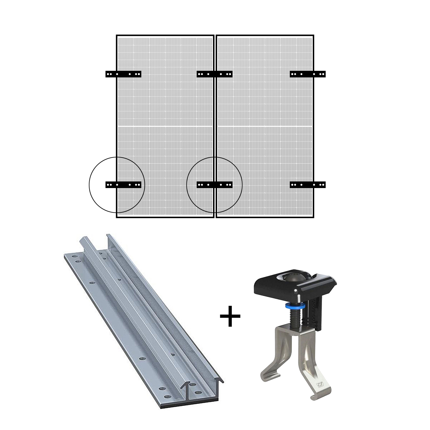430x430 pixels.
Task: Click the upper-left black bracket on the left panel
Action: pyautogui.click(x=123, y=74)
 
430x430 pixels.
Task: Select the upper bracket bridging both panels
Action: pyautogui.click(x=214, y=74)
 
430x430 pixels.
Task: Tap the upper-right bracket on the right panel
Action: pyautogui.click(x=308, y=74)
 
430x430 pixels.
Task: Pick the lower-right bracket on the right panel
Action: pyautogui.click(x=308, y=185)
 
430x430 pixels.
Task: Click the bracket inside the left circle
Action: pyautogui.click(x=123, y=185)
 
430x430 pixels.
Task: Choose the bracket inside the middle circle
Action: pyautogui.click(x=214, y=185)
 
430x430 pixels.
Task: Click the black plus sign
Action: pyautogui.click(x=230, y=316)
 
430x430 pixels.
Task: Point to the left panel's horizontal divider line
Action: pyautogui.click(x=165, y=126)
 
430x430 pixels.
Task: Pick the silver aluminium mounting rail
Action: pyautogui.click(x=138, y=310)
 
